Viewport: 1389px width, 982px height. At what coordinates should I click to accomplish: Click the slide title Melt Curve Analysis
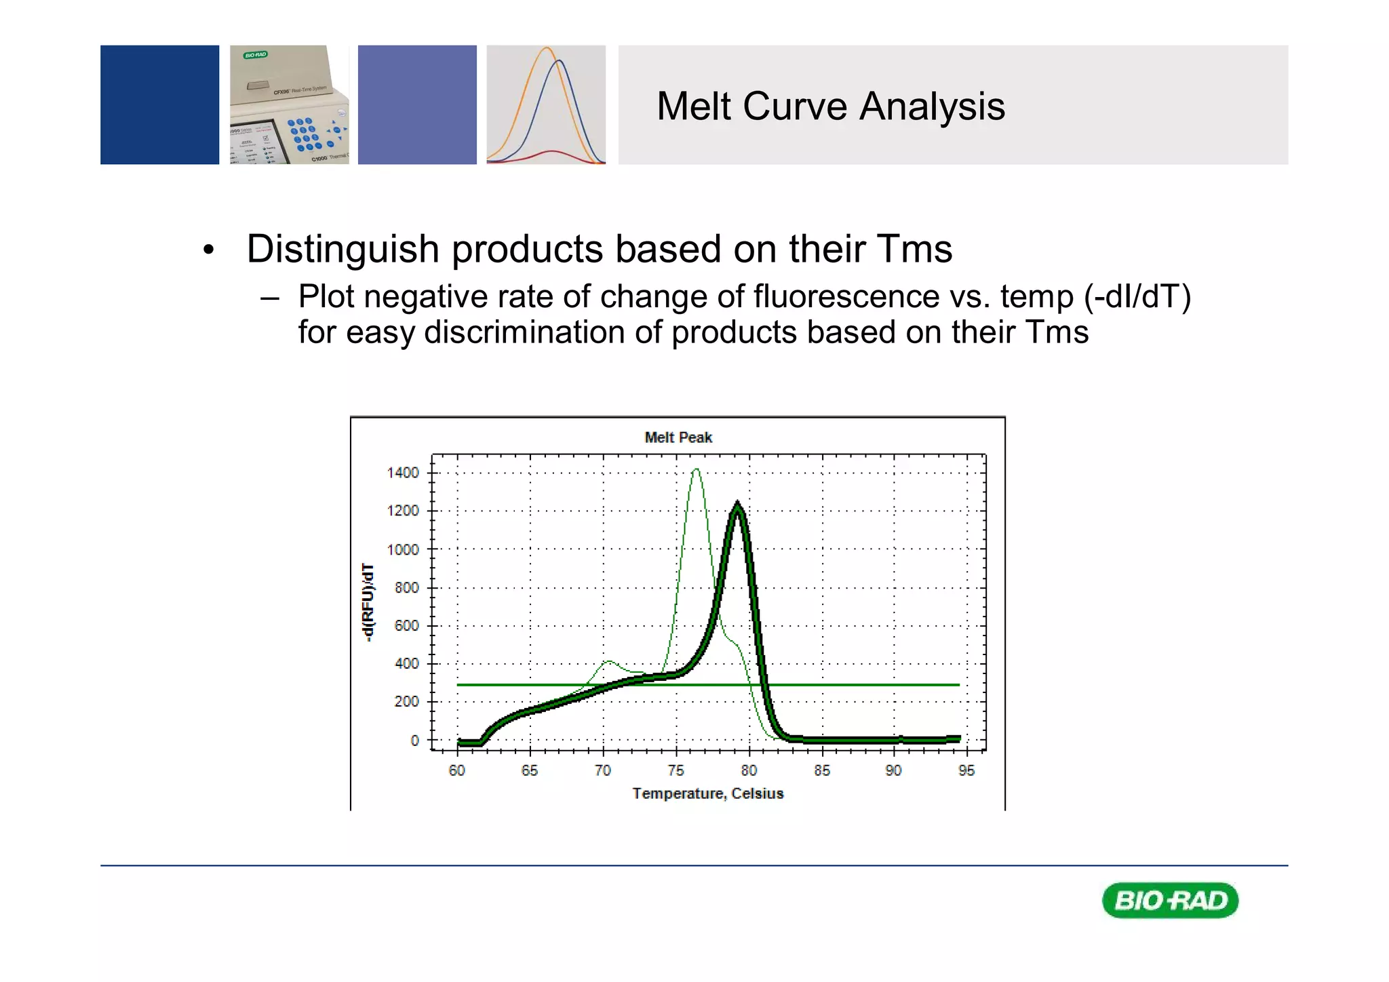point(830,106)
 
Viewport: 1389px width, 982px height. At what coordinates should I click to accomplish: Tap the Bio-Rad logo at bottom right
point(1170,901)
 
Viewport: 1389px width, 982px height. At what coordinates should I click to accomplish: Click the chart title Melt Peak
point(678,437)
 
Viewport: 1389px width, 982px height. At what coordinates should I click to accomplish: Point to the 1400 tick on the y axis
point(403,473)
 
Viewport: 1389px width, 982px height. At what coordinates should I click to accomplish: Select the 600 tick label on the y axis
point(406,625)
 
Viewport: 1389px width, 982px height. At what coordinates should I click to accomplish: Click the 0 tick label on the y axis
point(414,741)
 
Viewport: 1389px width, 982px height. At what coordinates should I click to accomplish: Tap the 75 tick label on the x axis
point(676,770)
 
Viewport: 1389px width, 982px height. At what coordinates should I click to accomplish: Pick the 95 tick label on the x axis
point(966,770)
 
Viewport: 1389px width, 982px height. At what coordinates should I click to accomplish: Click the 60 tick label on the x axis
point(456,770)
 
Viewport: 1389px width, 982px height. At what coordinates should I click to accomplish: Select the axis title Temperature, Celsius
point(707,793)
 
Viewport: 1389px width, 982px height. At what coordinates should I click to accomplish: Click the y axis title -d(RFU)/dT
point(367,602)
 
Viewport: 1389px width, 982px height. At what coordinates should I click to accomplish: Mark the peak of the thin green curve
point(696,469)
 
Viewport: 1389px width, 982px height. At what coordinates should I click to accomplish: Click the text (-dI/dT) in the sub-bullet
point(1137,297)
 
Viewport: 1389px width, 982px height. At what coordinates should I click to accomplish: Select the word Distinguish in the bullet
point(343,249)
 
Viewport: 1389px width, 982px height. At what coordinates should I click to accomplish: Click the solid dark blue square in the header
point(159,104)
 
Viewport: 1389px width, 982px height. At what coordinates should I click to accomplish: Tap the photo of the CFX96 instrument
point(289,104)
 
